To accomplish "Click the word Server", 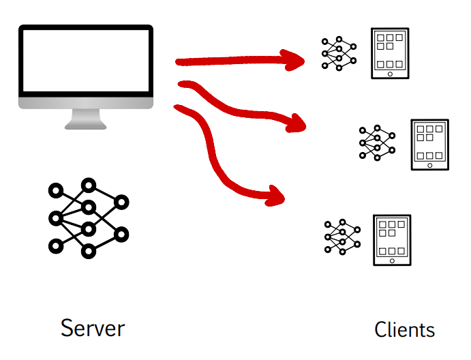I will (x=93, y=328).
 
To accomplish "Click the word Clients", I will (x=404, y=330).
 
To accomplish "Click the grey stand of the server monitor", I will (x=86, y=119).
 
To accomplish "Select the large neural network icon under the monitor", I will (x=88, y=218).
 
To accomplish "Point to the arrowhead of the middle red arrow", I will (x=297, y=124).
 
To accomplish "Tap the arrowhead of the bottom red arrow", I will (x=276, y=195).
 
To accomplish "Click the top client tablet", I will (x=390, y=53).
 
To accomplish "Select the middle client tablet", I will (x=430, y=145).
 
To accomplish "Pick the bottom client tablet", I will (x=392, y=240).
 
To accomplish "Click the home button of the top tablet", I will (x=390, y=74).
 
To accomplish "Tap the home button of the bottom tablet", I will (x=392, y=260).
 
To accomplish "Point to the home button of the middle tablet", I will (x=430, y=165).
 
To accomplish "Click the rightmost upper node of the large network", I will (x=121, y=202).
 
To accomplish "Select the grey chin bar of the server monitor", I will (x=86, y=103).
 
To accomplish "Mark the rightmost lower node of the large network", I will (x=121, y=235).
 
